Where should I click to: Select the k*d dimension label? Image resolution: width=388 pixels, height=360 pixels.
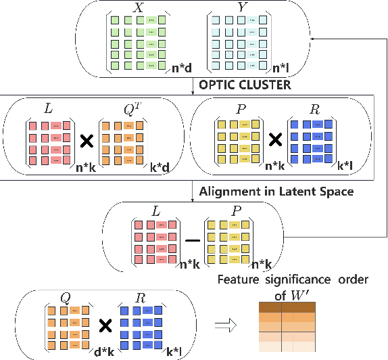click(x=160, y=166)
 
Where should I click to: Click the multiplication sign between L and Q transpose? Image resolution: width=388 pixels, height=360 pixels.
click(x=86, y=142)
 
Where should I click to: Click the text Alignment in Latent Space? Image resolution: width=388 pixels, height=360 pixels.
click(x=276, y=192)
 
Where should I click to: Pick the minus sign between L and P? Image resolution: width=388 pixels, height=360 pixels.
click(x=193, y=240)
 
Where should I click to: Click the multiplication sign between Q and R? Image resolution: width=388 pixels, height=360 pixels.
click(x=105, y=325)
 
